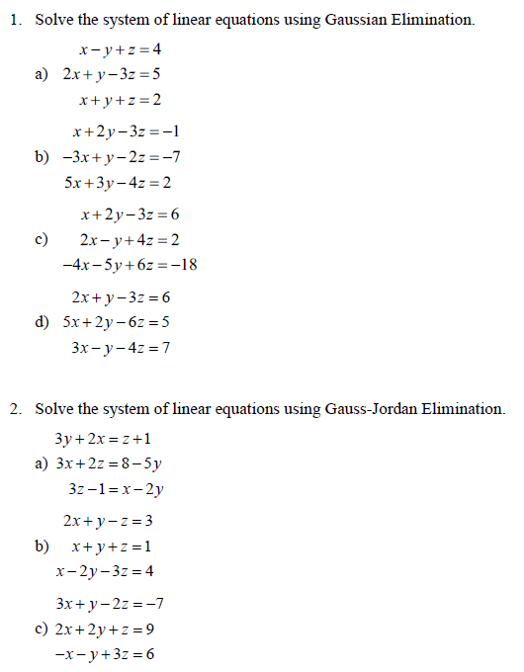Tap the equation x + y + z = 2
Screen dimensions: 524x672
click(119, 100)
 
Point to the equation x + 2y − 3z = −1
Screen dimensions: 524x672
click(125, 131)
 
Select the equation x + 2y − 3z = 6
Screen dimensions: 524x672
click(130, 214)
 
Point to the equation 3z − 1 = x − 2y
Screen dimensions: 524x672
click(116, 488)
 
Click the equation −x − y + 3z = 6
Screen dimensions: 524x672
click(105, 653)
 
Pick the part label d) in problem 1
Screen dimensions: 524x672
click(42, 321)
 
